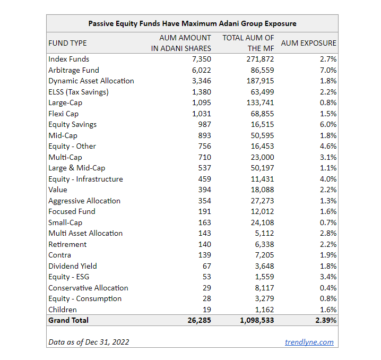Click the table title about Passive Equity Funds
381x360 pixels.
[192, 23]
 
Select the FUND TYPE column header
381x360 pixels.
[67, 43]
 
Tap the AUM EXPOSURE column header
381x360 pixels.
[308, 43]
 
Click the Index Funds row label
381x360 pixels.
[69, 59]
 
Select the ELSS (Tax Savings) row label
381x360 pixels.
[79, 92]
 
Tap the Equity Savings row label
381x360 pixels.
[73, 124]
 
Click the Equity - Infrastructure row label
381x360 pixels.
[85, 179]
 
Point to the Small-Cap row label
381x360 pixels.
[65, 222]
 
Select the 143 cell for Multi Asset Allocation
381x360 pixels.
[204, 233]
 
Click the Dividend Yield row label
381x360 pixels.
[73, 266]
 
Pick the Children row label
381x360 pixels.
[63, 310]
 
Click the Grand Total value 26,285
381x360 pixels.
[198, 320]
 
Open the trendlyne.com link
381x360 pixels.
[309, 342]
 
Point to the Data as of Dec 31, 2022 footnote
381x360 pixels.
[89, 342]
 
